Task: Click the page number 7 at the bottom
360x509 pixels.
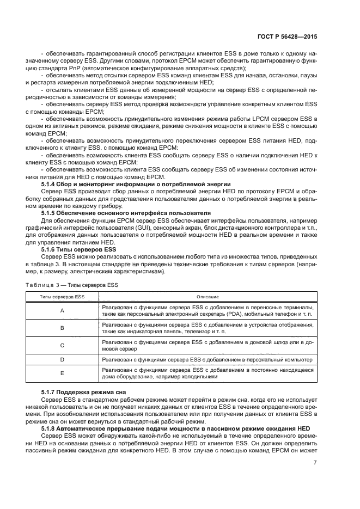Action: [315, 463]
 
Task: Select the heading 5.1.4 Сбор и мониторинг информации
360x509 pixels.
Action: [136, 185]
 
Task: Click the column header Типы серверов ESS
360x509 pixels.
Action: [62, 297]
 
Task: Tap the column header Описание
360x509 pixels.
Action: [208, 297]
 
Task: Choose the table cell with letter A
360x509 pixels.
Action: [62, 310]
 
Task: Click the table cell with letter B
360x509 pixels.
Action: [62, 328]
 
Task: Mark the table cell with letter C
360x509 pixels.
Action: [62, 345]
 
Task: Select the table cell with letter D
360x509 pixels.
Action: [62, 360]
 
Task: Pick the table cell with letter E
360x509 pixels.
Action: [62, 373]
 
